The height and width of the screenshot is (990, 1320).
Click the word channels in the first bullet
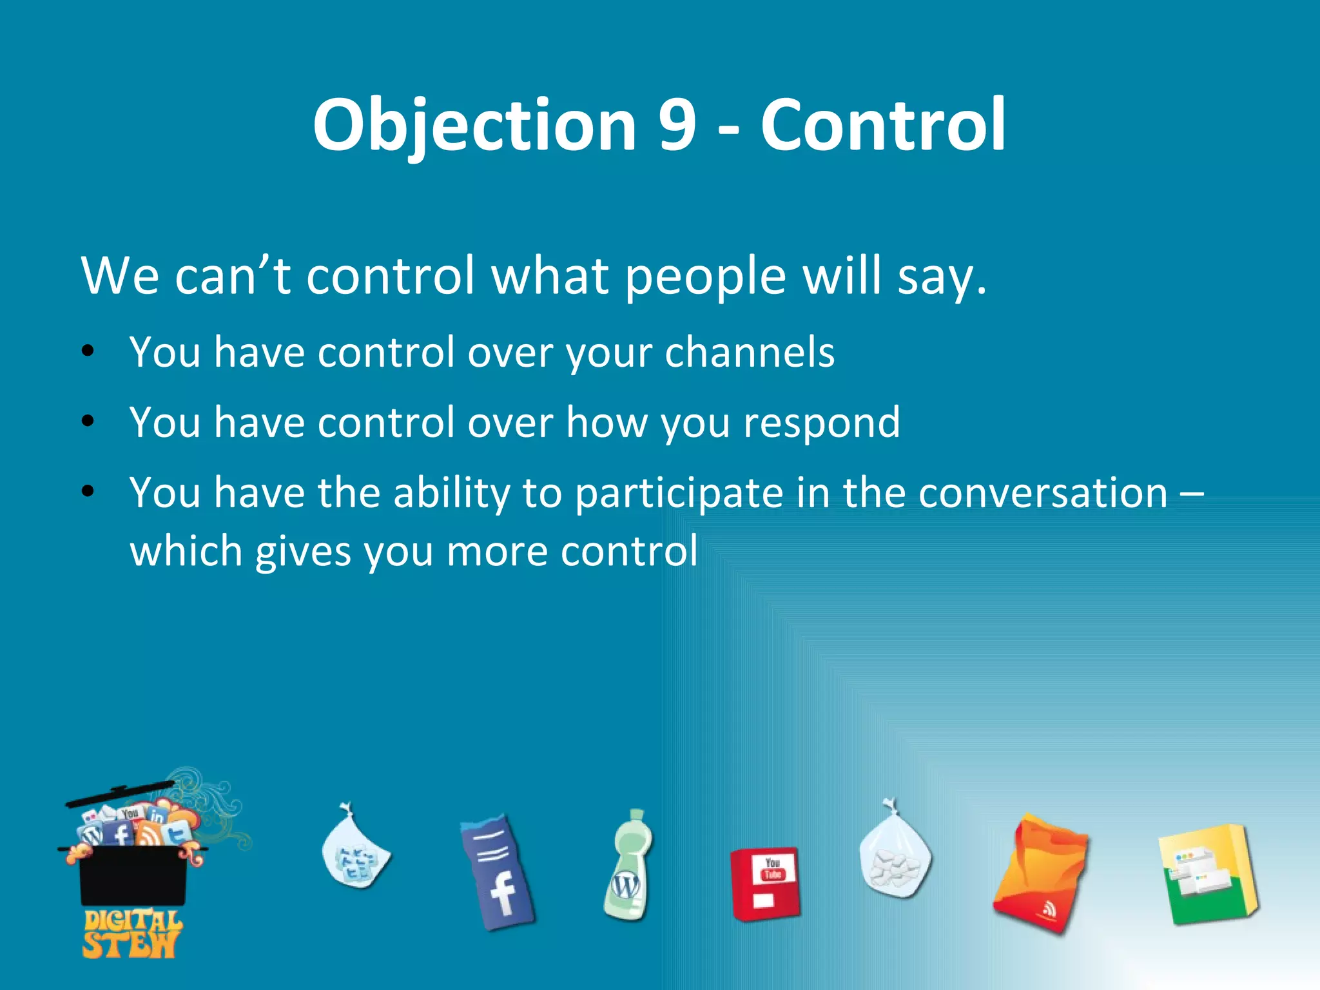click(x=750, y=353)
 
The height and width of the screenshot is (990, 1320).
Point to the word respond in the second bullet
click(x=821, y=423)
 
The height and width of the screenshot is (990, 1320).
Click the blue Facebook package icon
click(x=498, y=871)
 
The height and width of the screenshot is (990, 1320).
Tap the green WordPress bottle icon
click(x=628, y=865)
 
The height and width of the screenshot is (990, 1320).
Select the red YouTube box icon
click(x=765, y=883)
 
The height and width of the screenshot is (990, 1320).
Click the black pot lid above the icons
click(x=120, y=795)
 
